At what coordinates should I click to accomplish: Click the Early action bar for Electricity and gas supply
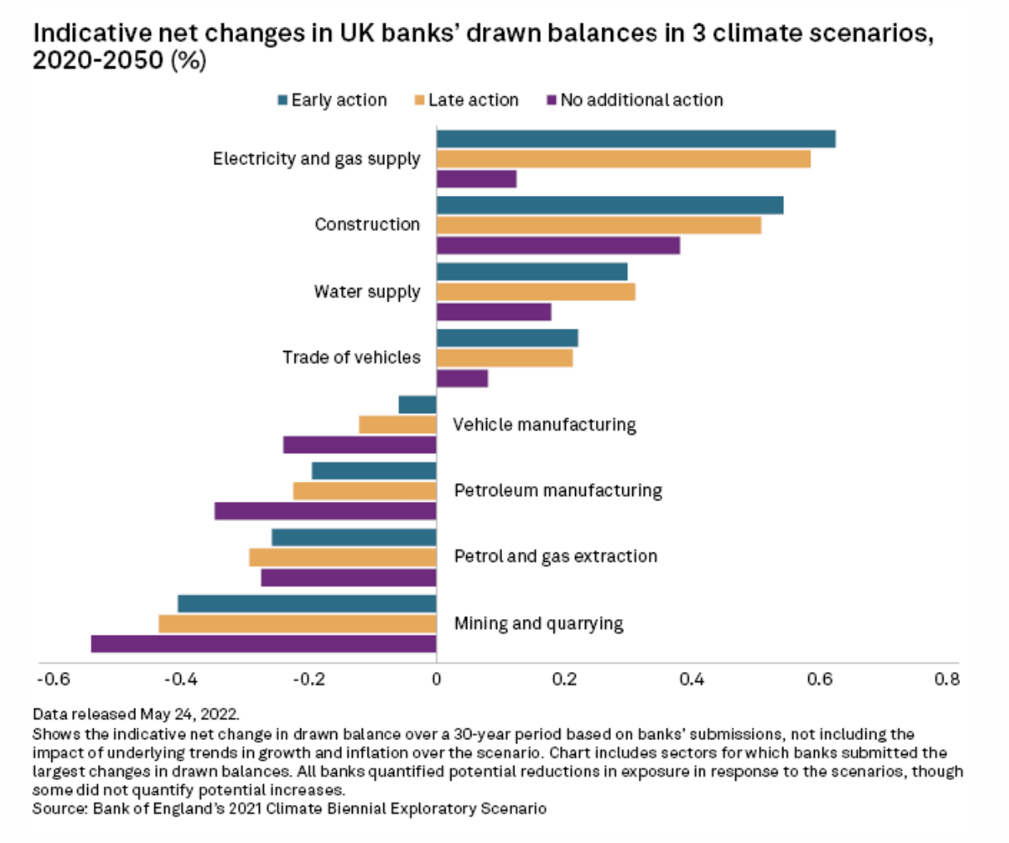[636, 139]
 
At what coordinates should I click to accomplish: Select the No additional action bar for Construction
[558, 246]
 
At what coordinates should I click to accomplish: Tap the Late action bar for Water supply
[535, 291]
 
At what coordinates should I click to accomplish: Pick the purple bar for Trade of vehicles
[462, 378]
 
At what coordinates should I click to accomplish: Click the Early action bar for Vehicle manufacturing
[417, 404]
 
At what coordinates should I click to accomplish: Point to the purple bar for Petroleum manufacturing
[325, 511]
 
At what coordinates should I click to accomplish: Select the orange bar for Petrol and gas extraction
[343, 558]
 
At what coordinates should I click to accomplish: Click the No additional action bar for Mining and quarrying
[264, 644]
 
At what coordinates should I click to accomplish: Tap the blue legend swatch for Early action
[282, 100]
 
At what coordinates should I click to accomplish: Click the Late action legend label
[473, 100]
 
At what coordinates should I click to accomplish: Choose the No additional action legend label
[641, 100]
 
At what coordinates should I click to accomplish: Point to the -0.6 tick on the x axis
[53, 680]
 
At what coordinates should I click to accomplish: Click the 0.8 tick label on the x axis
[947, 680]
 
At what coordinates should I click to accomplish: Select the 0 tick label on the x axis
[436, 680]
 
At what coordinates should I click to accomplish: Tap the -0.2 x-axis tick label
[309, 680]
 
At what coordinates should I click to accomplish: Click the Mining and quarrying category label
[539, 623]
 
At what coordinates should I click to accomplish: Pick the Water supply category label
[367, 291]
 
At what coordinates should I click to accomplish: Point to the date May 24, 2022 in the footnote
[189, 714]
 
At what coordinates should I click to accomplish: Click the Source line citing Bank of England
[290, 807]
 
